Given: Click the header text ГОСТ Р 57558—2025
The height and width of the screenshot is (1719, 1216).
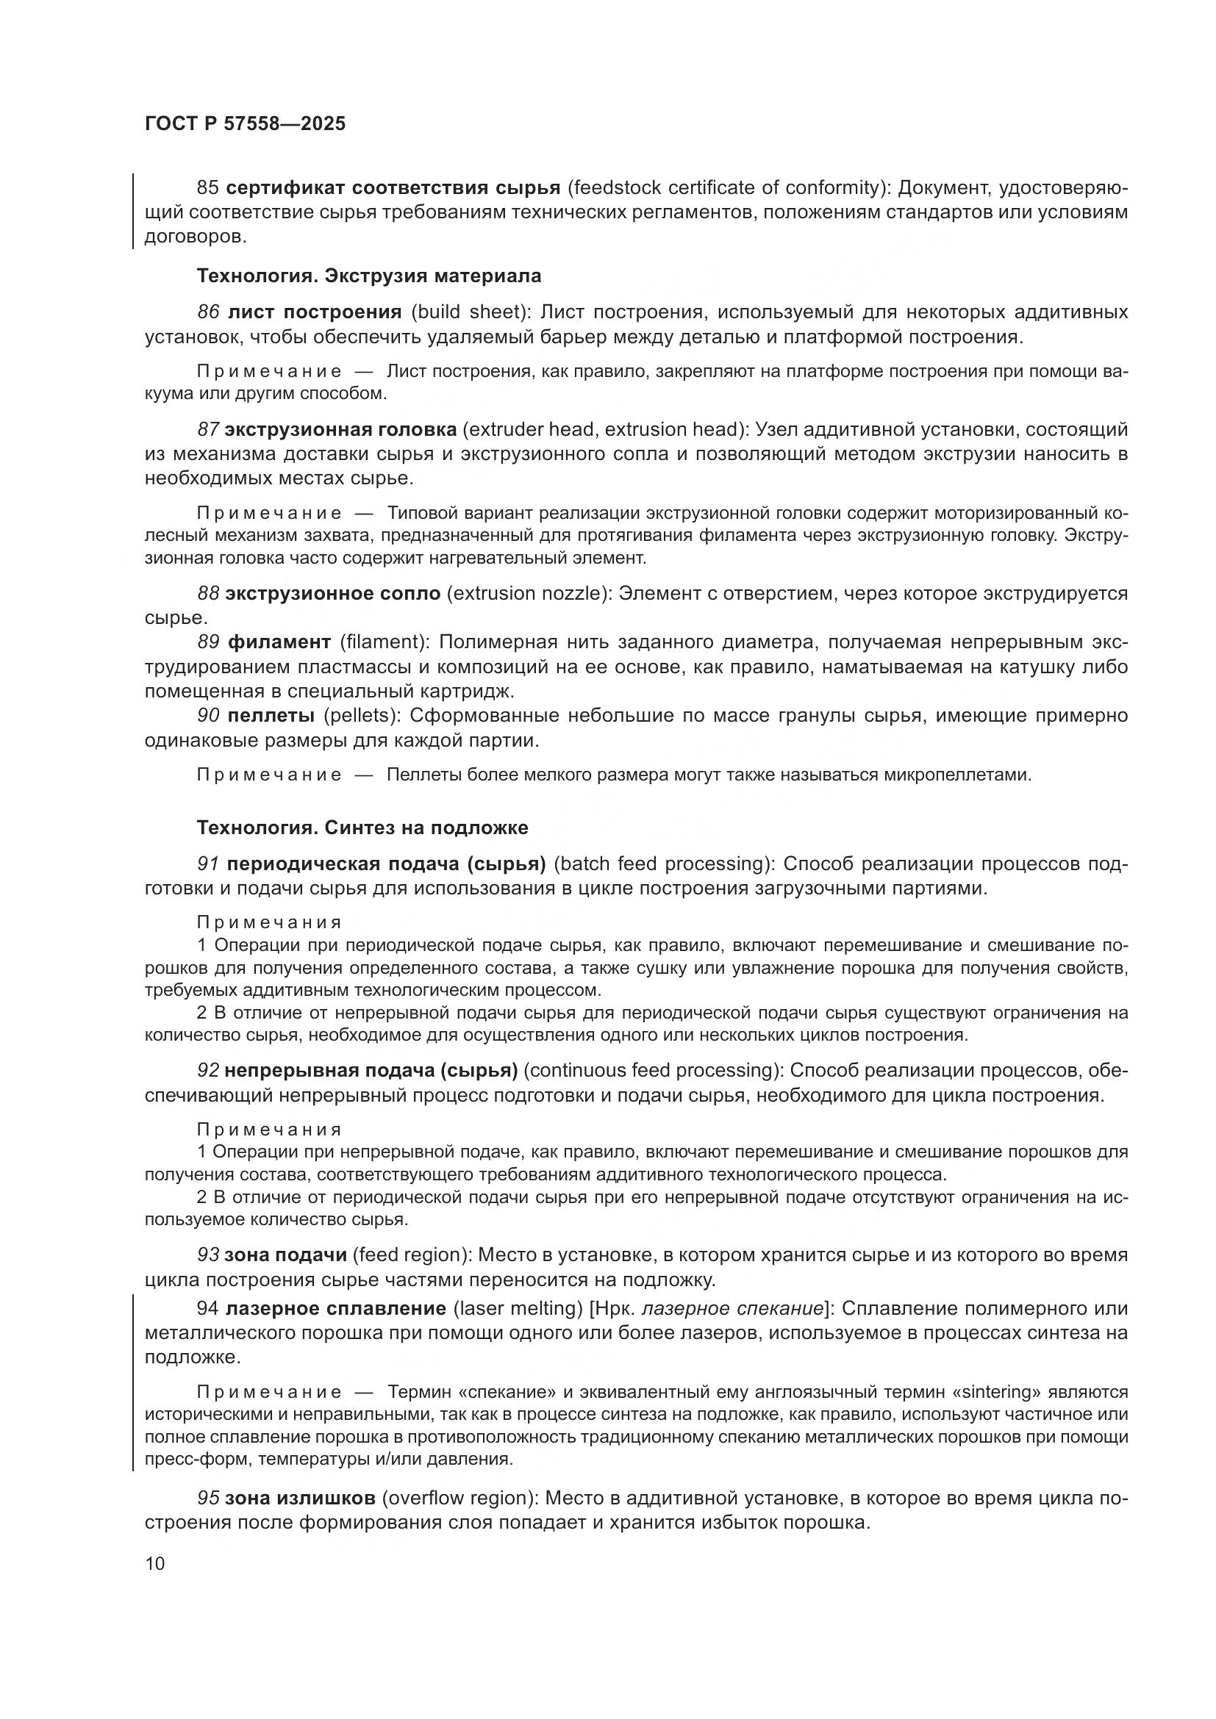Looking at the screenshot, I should (245, 123).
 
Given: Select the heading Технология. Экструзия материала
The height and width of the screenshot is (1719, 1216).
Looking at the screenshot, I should (368, 276).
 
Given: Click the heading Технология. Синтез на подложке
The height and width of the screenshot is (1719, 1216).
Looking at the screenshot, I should (362, 828).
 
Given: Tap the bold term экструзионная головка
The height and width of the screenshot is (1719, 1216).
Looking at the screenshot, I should (340, 430).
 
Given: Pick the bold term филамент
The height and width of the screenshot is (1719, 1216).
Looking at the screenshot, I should (279, 642).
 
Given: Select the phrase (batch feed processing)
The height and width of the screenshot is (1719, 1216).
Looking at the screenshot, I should (664, 864).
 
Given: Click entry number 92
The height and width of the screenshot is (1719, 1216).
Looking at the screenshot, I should (207, 1071).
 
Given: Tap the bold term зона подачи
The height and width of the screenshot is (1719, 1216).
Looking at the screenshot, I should (285, 1255).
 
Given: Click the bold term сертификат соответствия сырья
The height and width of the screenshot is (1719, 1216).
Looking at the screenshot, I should (393, 187).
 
